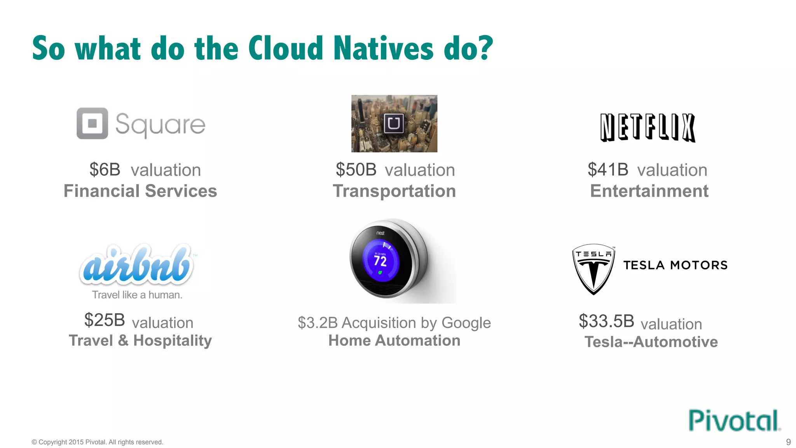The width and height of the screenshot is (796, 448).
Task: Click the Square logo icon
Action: (x=92, y=123)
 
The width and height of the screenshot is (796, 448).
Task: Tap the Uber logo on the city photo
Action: (x=394, y=124)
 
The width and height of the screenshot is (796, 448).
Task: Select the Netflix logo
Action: (x=648, y=128)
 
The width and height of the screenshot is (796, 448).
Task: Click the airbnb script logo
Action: (x=136, y=264)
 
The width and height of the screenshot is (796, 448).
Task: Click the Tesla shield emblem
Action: (x=594, y=269)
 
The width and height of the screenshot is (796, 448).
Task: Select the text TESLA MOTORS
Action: (x=676, y=265)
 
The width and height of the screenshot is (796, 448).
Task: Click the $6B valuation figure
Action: (x=105, y=170)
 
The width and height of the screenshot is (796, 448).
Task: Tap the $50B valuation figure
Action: (x=356, y=170)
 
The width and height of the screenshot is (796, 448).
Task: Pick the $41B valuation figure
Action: (x=608, y=170)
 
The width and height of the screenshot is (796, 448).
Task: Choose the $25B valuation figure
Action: (x=105, y=320)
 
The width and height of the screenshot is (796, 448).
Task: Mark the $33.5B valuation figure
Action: (x=606, y=321)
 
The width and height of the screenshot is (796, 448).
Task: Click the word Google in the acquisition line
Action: (x=466, y=323)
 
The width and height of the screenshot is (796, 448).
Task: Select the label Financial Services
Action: (x=140, y=191)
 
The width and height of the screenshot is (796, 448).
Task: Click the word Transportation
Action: (x=394, y=191)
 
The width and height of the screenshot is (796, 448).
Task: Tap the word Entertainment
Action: (x=649, y=191)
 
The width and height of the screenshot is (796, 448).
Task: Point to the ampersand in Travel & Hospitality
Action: (x=123, y=341)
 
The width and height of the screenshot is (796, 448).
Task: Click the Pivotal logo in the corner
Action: (x=734, y=420)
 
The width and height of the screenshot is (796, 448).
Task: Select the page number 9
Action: (x=788, y=442)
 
